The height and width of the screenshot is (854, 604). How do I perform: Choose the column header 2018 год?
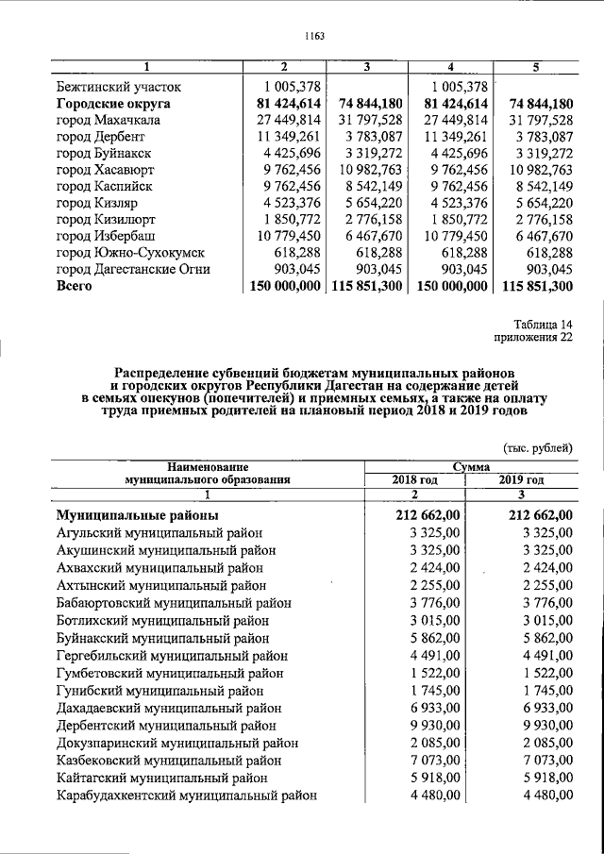[x=415, y=479]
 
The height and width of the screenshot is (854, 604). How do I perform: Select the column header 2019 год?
[x=521, y=479]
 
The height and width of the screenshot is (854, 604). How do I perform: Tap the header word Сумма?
[x=469, y=466]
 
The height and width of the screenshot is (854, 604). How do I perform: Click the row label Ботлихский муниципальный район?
[x=161, y=621]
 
